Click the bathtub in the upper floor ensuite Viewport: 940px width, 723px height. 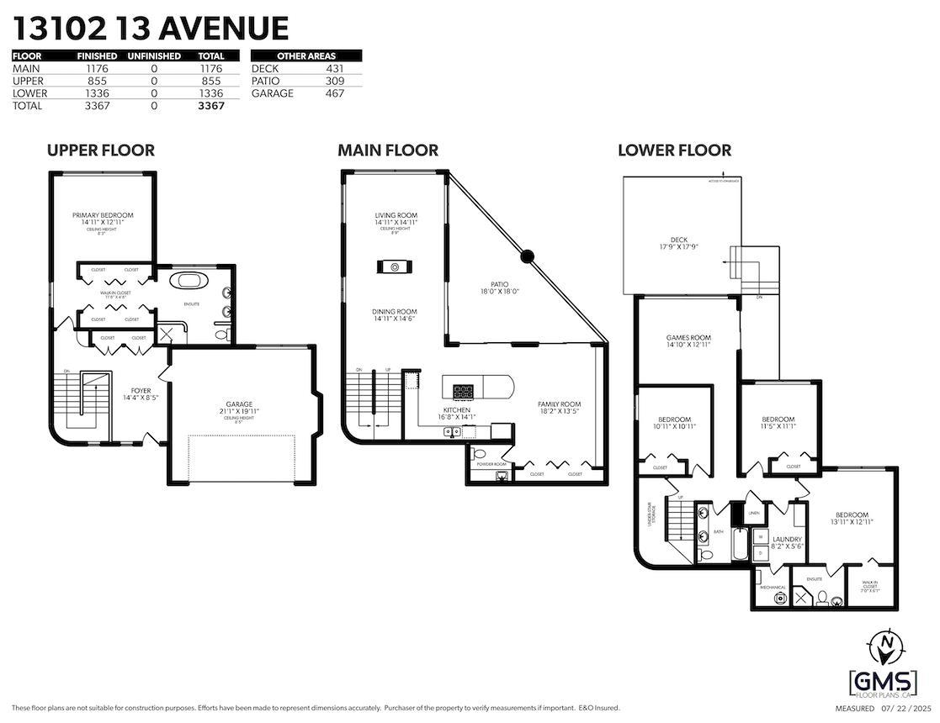pos(186,280)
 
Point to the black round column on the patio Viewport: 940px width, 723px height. pos(527,256)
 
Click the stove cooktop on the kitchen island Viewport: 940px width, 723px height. pos(464,390)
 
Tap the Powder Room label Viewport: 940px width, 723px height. pos(491,464)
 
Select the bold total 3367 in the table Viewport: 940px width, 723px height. pos(210,106)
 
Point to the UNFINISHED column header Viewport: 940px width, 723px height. pos(154,55)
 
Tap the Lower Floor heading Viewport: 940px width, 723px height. pos(674,150)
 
